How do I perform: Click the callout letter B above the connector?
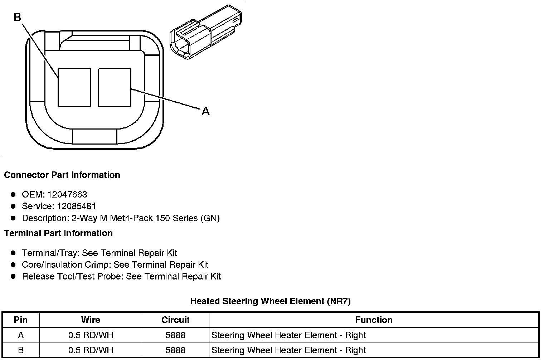click(18, 17)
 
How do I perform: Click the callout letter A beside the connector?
click(205, 111)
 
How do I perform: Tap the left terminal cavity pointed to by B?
click(74, 88)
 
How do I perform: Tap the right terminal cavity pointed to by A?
click(115, 88)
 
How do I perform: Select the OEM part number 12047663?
click(67, 194)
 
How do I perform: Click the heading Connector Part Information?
click(62, 175)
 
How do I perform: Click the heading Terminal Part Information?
click(58, 233)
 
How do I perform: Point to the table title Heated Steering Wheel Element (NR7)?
click(271, 301)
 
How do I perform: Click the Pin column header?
click(21, 320)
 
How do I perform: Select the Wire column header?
click(91, 320)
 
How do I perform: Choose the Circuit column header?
click(175, 320)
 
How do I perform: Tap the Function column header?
click(374, 320)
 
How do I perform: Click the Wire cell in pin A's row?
click(91, 335)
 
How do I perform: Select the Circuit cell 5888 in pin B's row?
click(175, 350)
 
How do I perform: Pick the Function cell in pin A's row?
click(288, 335)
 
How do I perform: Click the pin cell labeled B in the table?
click(21, 350)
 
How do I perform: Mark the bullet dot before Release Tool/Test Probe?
click(13, 276)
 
